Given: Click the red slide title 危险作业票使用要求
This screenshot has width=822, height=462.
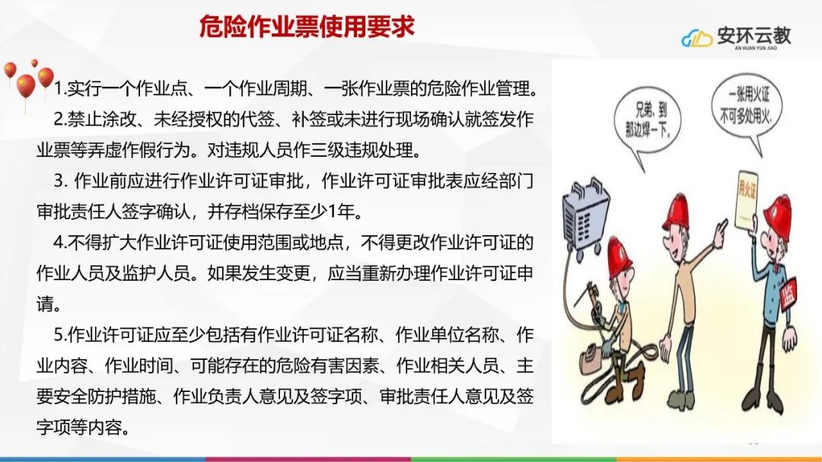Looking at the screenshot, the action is point(307,26).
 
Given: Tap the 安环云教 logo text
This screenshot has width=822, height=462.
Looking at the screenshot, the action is point(754,36).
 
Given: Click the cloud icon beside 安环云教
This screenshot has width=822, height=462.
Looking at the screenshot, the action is point(696,38).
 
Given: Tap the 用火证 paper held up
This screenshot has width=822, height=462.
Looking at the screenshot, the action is point(746,200).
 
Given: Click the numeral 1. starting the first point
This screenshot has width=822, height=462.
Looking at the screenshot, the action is point(60,88).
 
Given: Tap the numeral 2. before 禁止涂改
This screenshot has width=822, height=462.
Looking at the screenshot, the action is point(60,119).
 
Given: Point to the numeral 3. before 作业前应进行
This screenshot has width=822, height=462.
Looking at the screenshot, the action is point(61,181).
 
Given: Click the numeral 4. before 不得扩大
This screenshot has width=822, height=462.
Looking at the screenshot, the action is point(60,242).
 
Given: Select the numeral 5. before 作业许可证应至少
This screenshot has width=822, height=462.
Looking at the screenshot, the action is point(60,335).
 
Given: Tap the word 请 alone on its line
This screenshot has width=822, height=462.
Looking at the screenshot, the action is point(45,304).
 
